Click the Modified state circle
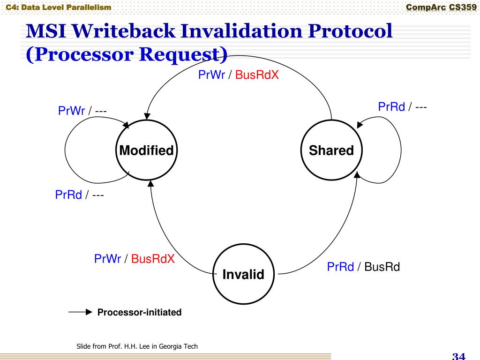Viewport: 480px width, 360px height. [x=146, y=150]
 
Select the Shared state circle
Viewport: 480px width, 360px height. [x=331, y=150]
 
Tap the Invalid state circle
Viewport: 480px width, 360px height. [x=243, y=274]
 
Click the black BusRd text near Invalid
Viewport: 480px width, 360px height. [x=382, y=267]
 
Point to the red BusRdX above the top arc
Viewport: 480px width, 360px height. [x=257, y=75]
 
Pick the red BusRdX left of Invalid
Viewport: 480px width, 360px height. [x=153, y=259]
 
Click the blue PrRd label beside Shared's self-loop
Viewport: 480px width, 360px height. [x=391, y=107]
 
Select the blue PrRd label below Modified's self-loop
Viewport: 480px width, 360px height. [x=68, y=195]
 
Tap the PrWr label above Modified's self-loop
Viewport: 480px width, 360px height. [x=71, y=111]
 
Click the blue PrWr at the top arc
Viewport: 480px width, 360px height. [x=212, y=75]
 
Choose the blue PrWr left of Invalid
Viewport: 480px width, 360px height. [x=108, y=259]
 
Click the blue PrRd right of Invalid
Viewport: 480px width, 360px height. [x=340, y=267]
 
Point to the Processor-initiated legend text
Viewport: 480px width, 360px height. [x=139, y=312]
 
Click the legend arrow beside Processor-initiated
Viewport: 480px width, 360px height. [x=81, y=312]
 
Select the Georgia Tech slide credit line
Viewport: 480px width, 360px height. [x=137, y=346]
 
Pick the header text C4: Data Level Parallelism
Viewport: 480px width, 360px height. [x=56, y=7]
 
